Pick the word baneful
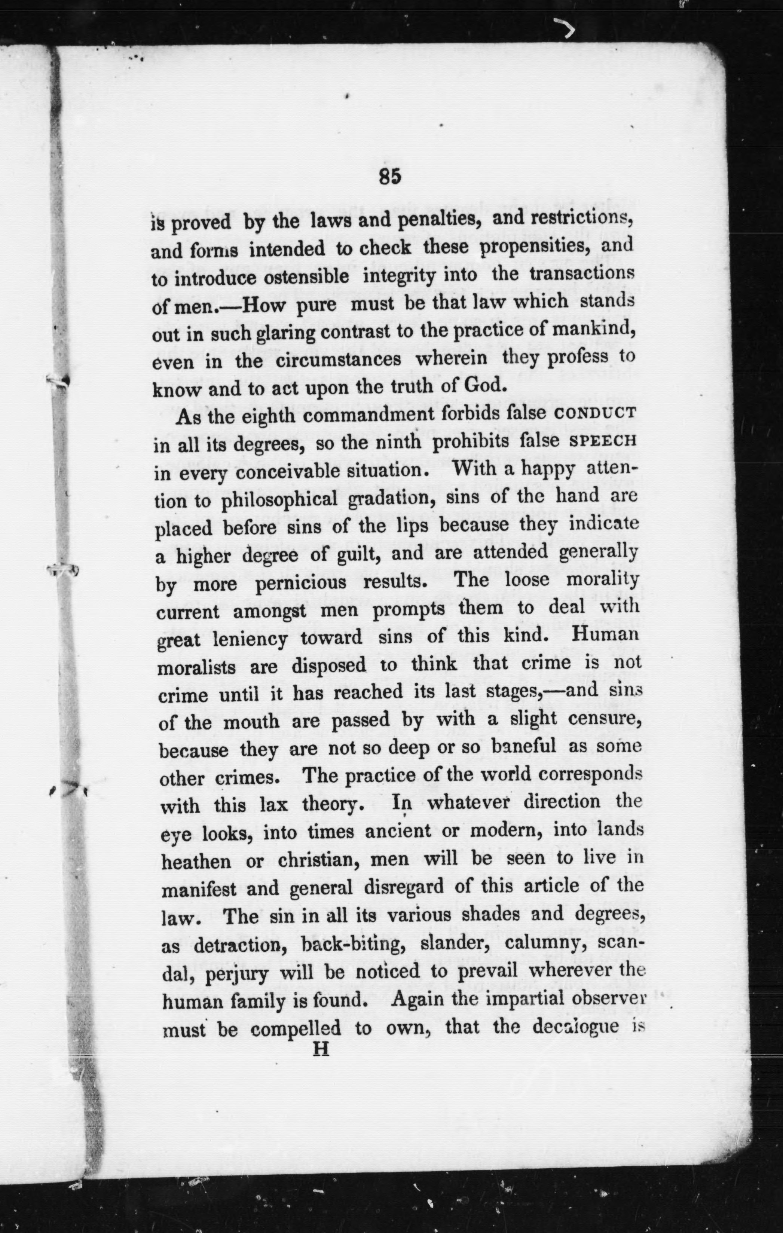pyautogui.click(x=523, y=747)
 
